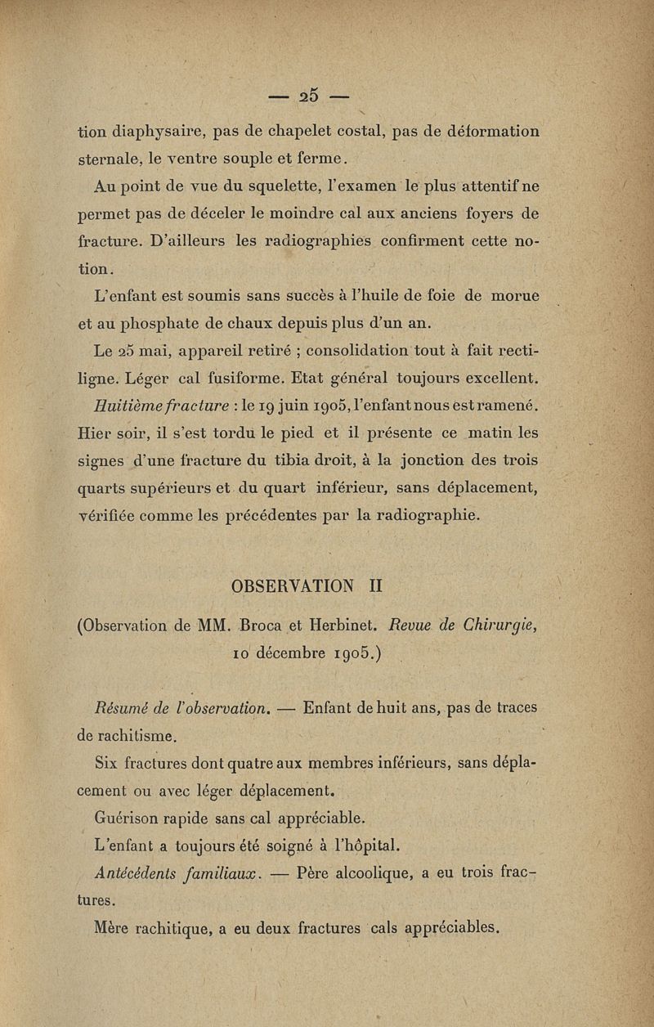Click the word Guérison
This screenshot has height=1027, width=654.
pos(131,817)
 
